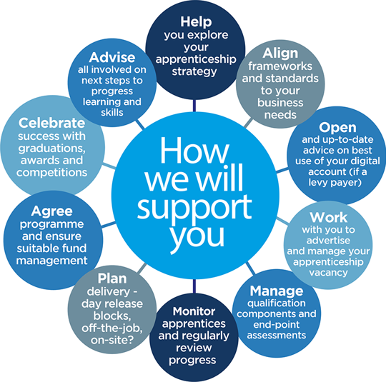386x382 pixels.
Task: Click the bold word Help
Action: click(x=196, y=21)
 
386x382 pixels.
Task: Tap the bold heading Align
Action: click(x=280, y=53)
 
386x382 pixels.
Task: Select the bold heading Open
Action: click(x=337, y=128)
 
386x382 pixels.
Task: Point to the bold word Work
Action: click(x=328, y=217)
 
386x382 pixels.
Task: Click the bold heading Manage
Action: click(x=277, y=291)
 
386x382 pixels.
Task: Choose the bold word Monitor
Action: click(x=194, y=311)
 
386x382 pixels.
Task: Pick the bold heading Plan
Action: click(x=112, y=278)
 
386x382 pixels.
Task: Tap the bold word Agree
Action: click(x=51, y=211)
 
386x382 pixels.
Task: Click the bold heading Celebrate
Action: click(x=51, y=123)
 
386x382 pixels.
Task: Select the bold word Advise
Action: click(x=112, y=58)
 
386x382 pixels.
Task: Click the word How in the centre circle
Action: click(x=194, y=151)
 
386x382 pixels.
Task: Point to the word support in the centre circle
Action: click(x=194, y=206)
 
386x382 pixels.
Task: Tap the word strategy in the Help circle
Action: click(x=194, y=71)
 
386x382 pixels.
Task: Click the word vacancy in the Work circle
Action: click(x=328, y=273)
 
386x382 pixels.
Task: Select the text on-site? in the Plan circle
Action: click(x=112, y=340)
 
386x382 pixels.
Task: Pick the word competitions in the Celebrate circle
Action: click(x=51, y=173)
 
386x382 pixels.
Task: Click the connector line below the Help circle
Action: click(x=194, y=106)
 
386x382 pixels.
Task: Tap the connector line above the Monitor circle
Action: click(x=194, y=286)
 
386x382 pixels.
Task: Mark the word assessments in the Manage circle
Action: click(x=277, y=336)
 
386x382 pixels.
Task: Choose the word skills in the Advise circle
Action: click(x=112, y=112)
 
